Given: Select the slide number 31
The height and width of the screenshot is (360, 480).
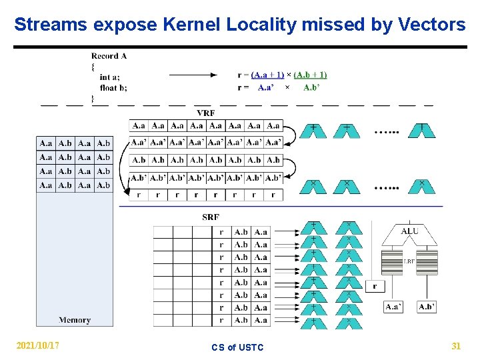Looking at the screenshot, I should (x=456, y=346).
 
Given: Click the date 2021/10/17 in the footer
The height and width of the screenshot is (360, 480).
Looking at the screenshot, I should (x=37, y=346).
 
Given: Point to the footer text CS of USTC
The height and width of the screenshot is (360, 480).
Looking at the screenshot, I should (x=237, y=347).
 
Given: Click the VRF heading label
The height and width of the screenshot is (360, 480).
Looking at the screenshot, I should (x=205, y=113).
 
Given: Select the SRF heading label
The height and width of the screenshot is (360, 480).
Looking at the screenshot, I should (x=211, y=217).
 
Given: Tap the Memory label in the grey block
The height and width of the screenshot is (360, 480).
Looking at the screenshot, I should (x=75, y=320).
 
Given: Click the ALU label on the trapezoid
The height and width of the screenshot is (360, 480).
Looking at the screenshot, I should (x=409, y=231).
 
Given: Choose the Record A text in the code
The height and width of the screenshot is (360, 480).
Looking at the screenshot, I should (x=109, y=56).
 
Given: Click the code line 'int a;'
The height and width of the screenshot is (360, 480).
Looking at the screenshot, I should (x=110, y=77).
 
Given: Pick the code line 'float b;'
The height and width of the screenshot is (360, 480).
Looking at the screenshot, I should (x=113, y=87).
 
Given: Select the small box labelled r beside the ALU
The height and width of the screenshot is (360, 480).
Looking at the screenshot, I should (x=375, y=286).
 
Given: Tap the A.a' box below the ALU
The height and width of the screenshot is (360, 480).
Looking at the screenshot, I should (x=393, y=307).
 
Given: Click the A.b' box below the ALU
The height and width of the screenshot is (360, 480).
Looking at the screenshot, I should (x=427, y=307).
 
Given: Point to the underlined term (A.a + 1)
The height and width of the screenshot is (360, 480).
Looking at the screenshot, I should (x=268, y=75).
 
